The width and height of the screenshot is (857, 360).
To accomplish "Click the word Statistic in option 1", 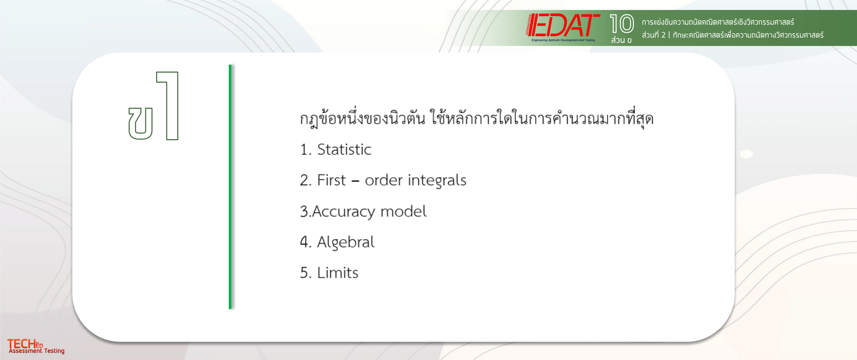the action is click(x=344, y=149).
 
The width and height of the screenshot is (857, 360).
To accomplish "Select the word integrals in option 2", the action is click(x=437, y=181).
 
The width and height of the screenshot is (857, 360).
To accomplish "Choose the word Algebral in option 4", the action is click(x=346, y=242).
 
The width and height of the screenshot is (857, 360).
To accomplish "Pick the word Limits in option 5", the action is click(x=337, y=273).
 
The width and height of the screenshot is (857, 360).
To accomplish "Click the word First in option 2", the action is click(x=331, y=180).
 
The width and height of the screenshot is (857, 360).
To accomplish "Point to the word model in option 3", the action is click(x=403, y=211).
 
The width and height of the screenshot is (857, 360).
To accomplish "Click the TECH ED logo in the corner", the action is click(x=25, y=344).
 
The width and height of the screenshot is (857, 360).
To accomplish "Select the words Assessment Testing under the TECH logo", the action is click(x=37, y=351).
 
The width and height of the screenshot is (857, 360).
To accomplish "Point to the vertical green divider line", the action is click(x=230, y=187).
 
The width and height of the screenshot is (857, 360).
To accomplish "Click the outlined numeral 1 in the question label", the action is click(x=168, y=106).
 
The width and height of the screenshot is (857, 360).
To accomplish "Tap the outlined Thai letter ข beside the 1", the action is click(x=140, y=123).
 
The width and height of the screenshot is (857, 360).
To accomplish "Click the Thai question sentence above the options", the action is click(x=477, y=118).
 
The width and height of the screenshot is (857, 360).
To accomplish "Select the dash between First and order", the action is click(x=355, y=182).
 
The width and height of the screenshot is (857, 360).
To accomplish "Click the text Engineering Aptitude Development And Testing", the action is click(x=563, y=40).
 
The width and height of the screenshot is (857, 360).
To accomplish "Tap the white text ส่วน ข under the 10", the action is click(x=621, y=40).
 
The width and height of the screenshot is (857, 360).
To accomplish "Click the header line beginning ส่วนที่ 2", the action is click(x=733, y=35).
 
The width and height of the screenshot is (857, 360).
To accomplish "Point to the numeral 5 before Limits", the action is click(x=304, y=273).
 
